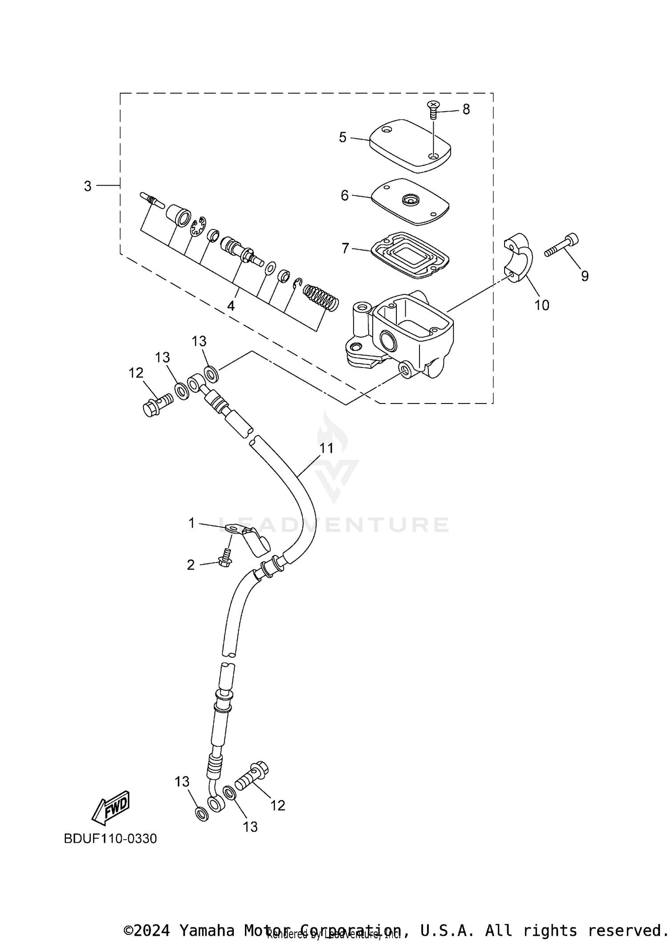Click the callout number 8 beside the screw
coord(466,109)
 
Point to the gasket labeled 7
coord(410,255)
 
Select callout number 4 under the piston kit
coord(231,306)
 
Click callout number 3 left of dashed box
coord(88,186)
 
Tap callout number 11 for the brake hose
coord(326,448)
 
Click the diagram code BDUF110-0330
coord(110,839)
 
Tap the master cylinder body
coord(401,332)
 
